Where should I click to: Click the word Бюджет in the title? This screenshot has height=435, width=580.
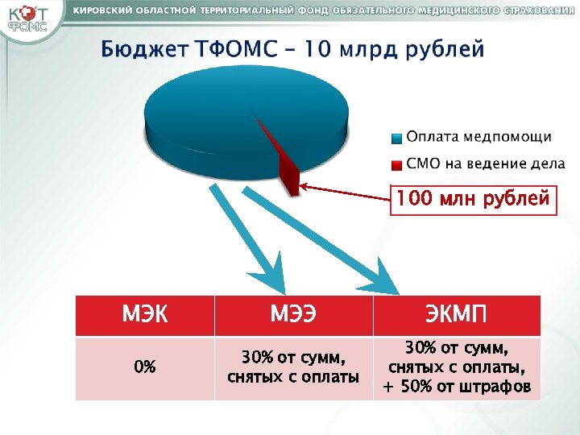click(x=142, y=49)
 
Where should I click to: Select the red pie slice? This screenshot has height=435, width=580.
click(x=285, y=165)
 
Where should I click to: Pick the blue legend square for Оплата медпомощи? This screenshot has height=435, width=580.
click(x=396, y=138)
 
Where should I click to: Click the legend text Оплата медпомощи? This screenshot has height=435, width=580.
click(x=478, y=138)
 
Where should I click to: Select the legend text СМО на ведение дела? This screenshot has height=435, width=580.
click(x=485, y=164)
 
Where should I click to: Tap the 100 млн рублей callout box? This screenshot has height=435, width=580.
click(x=473, y=198)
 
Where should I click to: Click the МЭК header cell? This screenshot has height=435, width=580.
click(x=145, y=315)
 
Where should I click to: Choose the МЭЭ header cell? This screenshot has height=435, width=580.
click(x=293, y=315)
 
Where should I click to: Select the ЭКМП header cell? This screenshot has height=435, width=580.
click(x=456, y=315)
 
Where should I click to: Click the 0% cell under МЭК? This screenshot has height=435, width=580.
click(x=145, y=367)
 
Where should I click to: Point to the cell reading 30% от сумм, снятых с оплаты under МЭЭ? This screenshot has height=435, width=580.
click(x=293, y=367)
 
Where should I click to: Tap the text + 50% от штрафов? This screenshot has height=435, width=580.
click(x=456, y=387)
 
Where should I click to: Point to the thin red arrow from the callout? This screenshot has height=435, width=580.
click(x=346, y=192)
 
